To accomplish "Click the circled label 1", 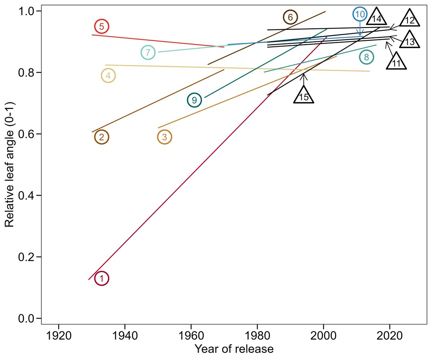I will click(102, 278).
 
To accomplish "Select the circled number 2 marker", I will click(102, 137).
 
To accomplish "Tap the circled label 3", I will click(165, 137).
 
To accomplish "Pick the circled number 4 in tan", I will click(108, 76).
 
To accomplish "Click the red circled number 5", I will click(102, 26).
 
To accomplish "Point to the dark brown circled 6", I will click(290, 17).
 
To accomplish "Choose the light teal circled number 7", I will click(148, 53).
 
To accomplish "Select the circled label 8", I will click(366, 57).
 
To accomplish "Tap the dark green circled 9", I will click(194, 100).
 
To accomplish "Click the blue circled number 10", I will click(360, 14).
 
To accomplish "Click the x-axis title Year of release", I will click(234, 348).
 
